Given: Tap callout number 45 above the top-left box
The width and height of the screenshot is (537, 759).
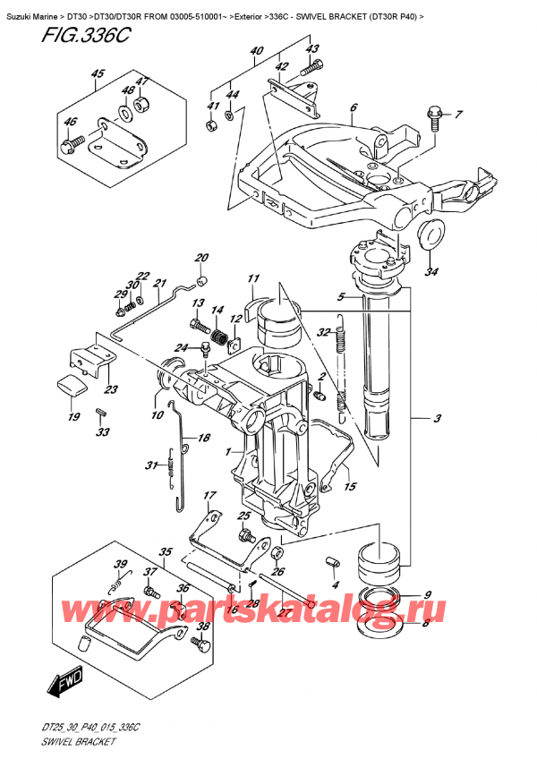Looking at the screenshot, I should coord(98,74).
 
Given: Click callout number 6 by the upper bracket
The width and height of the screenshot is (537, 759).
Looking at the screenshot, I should coord(354,107).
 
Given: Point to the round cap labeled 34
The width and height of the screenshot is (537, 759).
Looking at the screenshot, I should coord(433,235).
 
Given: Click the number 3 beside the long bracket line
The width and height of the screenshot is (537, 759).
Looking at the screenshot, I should coord(438,418).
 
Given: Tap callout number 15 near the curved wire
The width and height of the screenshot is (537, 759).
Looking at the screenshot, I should coord(350,488).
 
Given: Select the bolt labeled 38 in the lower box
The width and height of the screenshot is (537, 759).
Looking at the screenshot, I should coord(203,643).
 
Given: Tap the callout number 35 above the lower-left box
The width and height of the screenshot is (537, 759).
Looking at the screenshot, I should coord(165,551).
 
